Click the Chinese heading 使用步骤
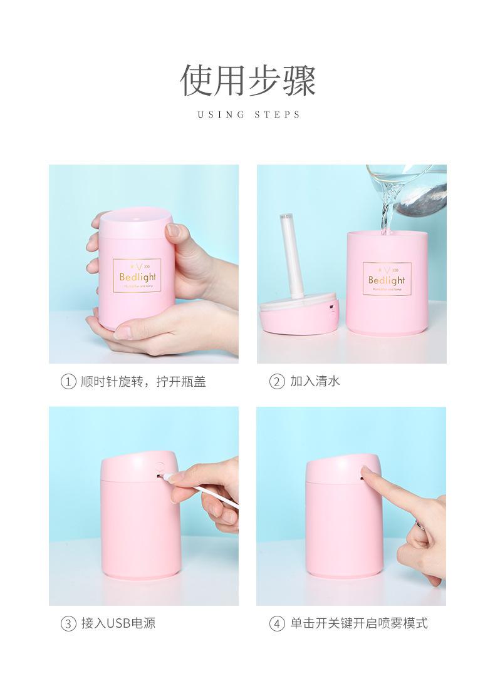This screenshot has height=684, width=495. [x=249, y=80]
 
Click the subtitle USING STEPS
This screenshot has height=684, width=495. [x=249, y=115]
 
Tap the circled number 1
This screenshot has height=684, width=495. [x=67, y=380]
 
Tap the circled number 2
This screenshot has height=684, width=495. [x=276, y=380]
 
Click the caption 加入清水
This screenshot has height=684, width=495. [x=315, y=380]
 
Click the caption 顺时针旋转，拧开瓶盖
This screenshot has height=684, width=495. [x=143, y=380]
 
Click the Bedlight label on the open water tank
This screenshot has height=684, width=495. [x=387, y=280]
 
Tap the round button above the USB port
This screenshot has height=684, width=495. [x=160, y=466]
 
